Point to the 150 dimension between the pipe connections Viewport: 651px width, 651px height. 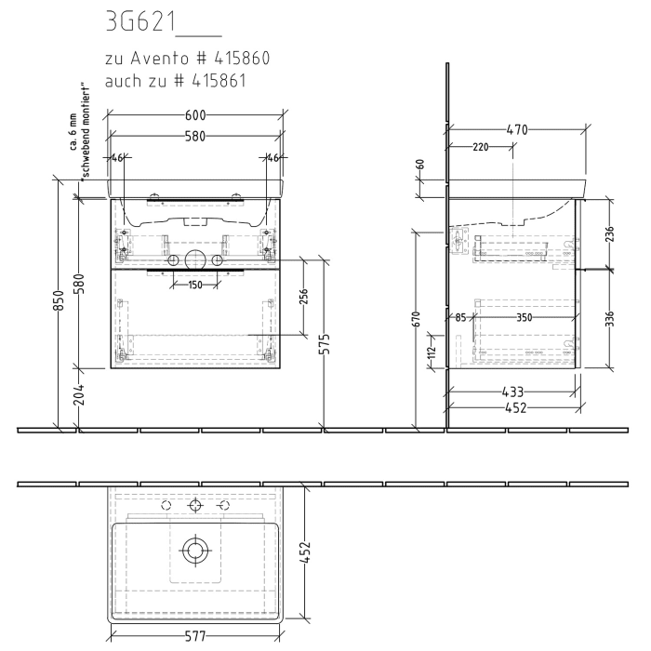tap(194, 285)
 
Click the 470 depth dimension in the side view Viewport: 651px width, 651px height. tap(518, 130)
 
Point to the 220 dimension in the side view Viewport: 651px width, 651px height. tap(480, 147)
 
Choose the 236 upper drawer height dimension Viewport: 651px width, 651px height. tap(609, 232)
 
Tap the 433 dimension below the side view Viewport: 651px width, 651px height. tap(512, 392)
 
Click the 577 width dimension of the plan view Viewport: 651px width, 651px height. tap(194, 637)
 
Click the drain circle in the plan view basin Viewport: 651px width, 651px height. tap(195, 550)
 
